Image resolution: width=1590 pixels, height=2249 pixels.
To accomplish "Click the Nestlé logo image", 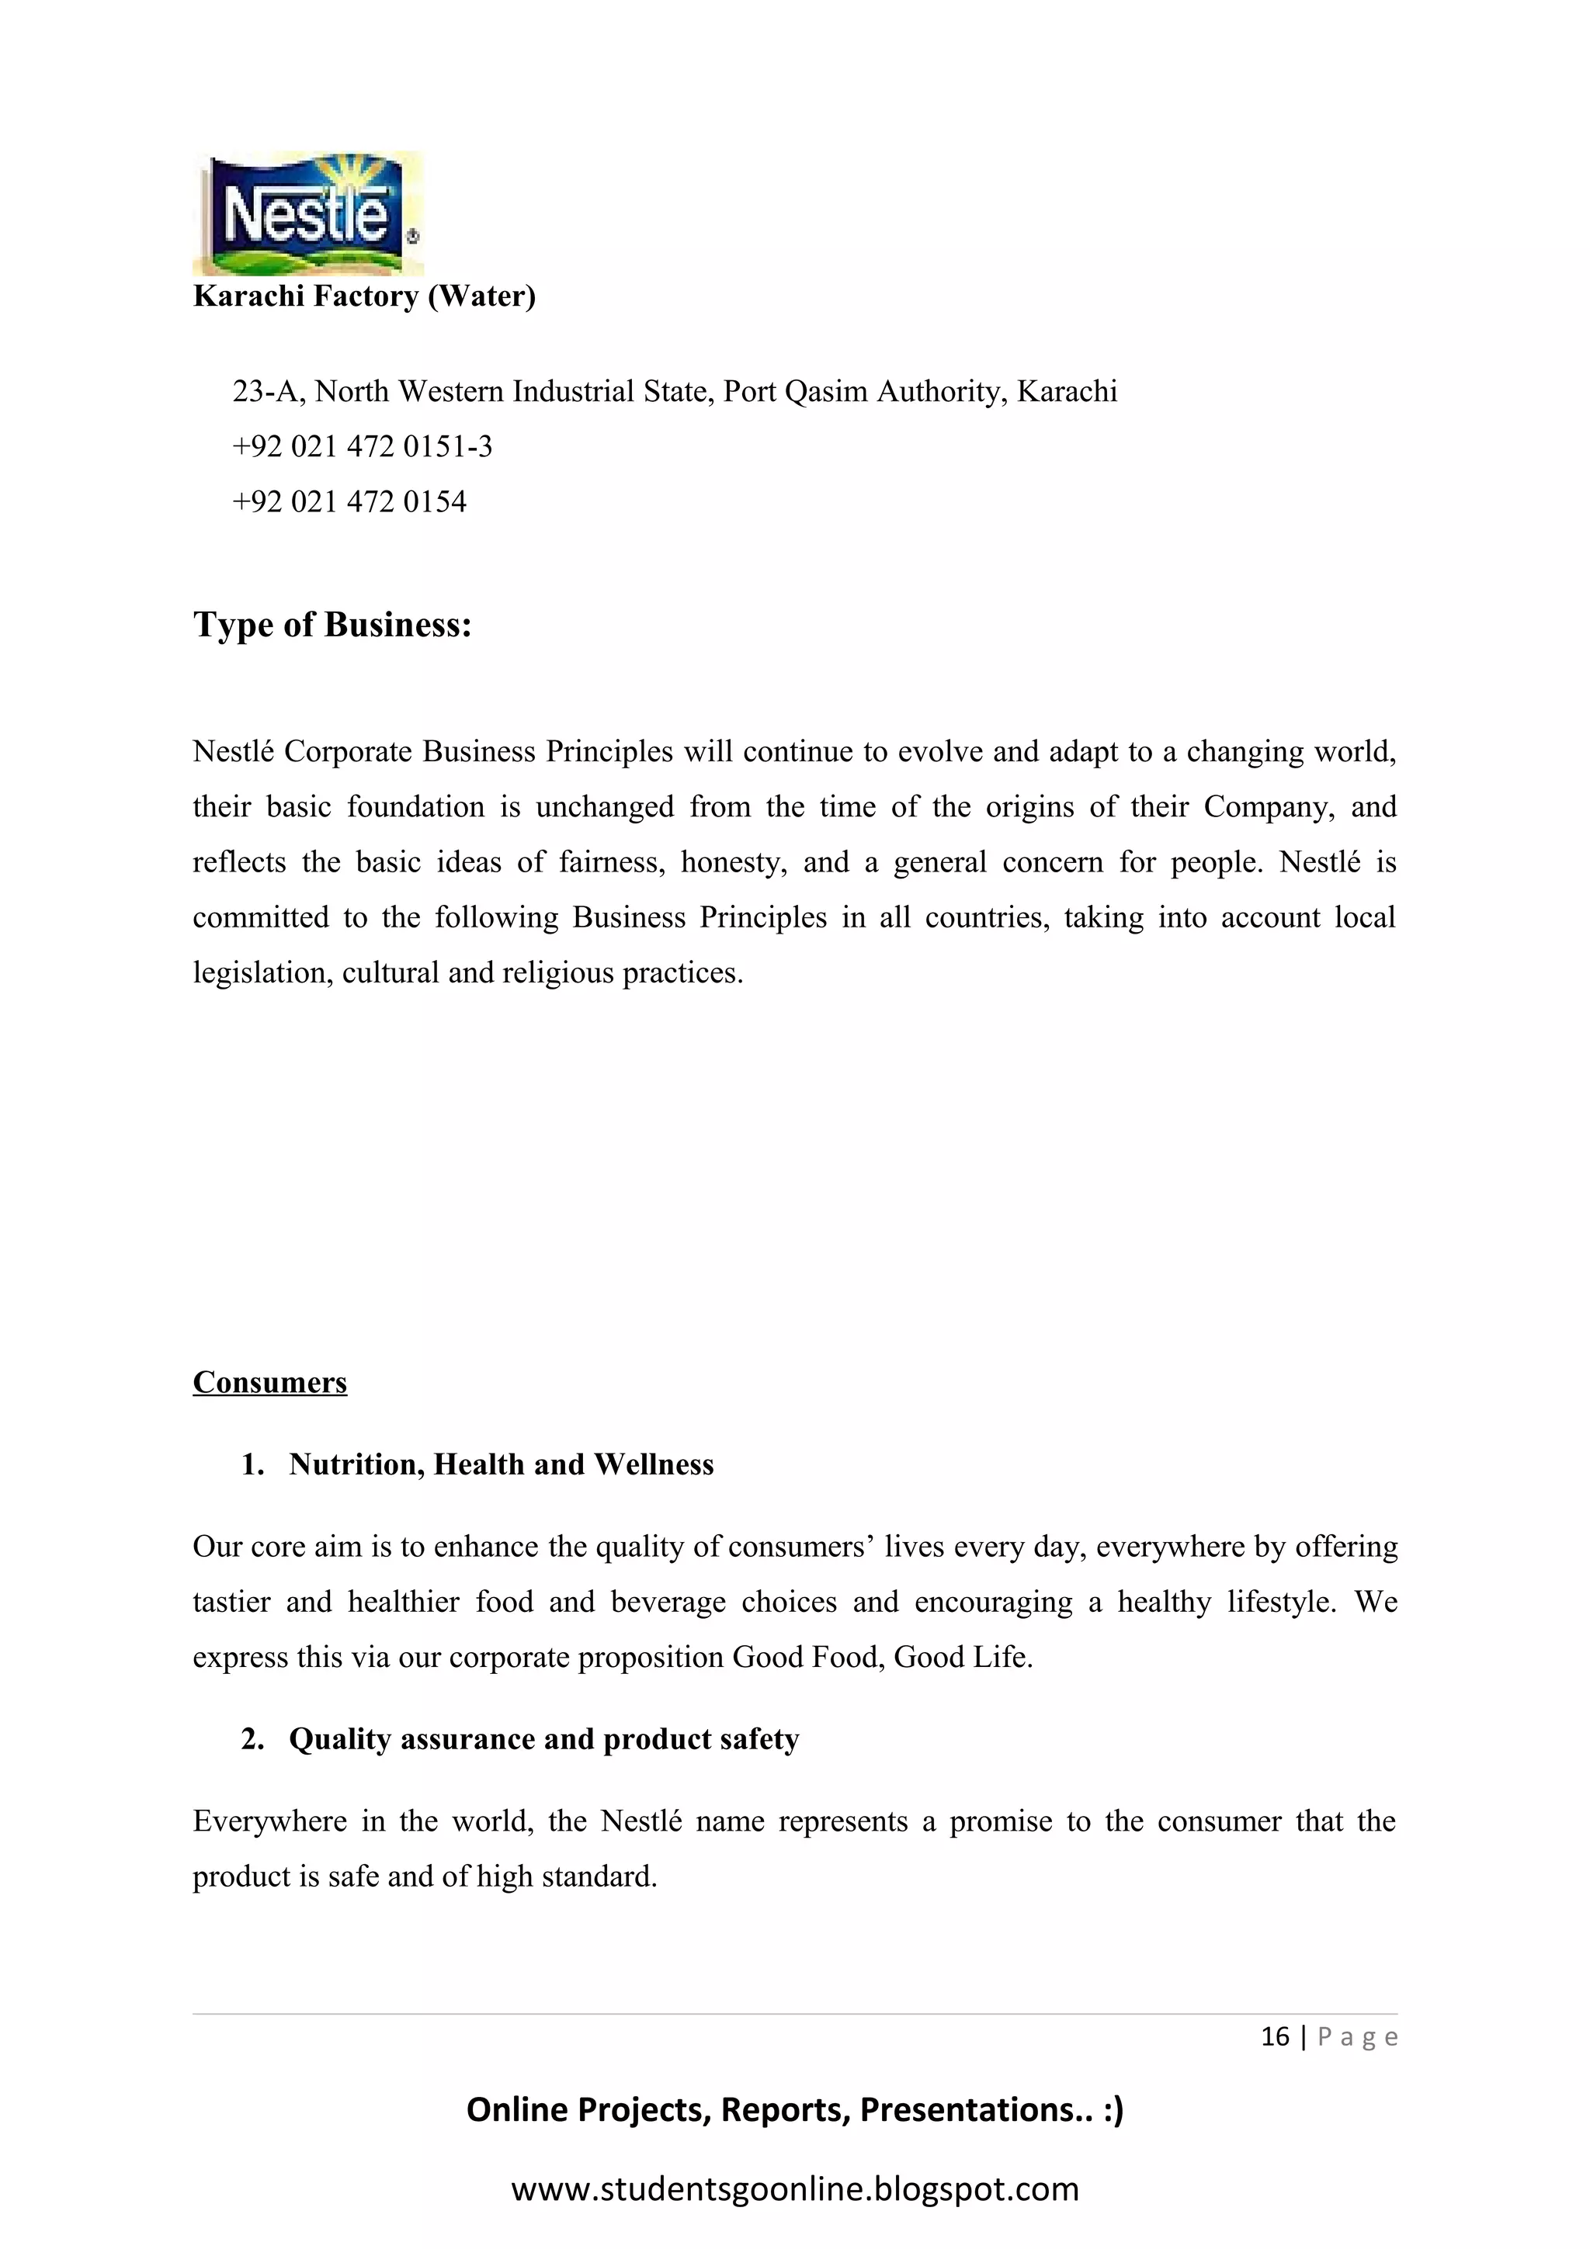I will (x=307, y=213).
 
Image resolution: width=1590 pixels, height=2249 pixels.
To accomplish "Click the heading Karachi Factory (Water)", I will (x=363, y=296).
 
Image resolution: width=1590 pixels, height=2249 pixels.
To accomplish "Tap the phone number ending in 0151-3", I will (x=363, y=447).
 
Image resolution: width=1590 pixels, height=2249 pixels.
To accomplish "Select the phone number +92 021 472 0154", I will (x=349, y=501).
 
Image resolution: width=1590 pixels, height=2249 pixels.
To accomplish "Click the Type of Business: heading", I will (x=332, y=625).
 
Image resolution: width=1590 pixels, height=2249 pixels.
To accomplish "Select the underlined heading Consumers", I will (x=269, y=1382).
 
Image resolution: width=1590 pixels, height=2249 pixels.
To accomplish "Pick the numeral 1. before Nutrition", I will (x=253, y=1464).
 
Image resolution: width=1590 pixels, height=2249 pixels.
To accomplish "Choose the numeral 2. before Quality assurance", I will (x=253, y=1738).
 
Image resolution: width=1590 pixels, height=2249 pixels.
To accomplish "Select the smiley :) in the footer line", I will (x=1112, y=2109).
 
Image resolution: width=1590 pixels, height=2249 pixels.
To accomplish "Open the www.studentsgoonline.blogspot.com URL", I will (x=794, y=2188).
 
